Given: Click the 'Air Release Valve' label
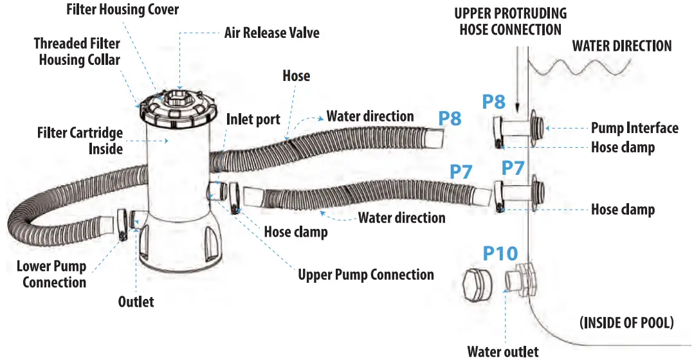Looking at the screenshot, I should [271, 32].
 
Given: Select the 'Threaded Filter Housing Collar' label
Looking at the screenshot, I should [77, 51].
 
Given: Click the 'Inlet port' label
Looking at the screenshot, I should [253, 120].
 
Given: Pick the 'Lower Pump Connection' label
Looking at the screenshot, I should [51, 274].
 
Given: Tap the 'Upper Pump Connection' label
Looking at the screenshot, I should [365, 275].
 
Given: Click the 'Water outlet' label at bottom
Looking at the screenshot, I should [503, 351].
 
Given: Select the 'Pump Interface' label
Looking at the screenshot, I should [634, 128].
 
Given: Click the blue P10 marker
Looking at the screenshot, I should [501, 253].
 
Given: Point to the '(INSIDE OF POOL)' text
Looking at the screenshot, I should [626, 323].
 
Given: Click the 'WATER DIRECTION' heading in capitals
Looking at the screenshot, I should [622, 46].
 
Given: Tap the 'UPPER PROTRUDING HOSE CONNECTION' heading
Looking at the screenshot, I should [511, 21].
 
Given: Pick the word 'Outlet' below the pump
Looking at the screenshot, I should [136, 301].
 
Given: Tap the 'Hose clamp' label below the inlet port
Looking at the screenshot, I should [295, 232].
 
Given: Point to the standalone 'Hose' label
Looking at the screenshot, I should [296, 76].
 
